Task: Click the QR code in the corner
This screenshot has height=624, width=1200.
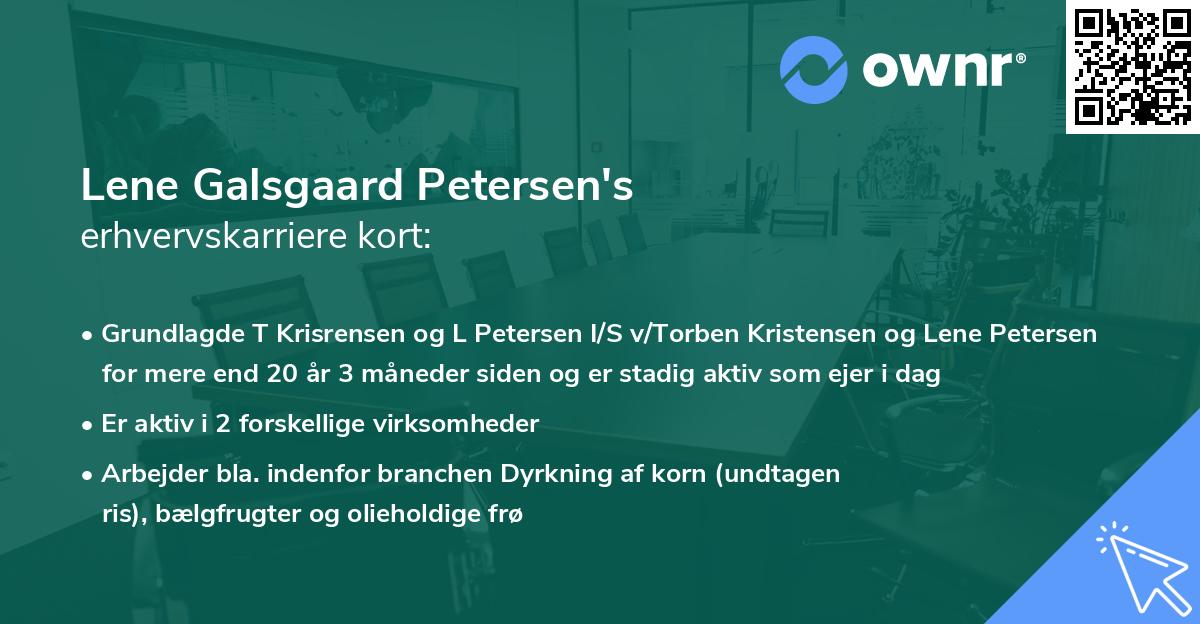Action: tap(1133, 67)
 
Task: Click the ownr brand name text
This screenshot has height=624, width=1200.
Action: tap(939, 68)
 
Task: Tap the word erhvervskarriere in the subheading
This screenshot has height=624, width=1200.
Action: tap(201, 237)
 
